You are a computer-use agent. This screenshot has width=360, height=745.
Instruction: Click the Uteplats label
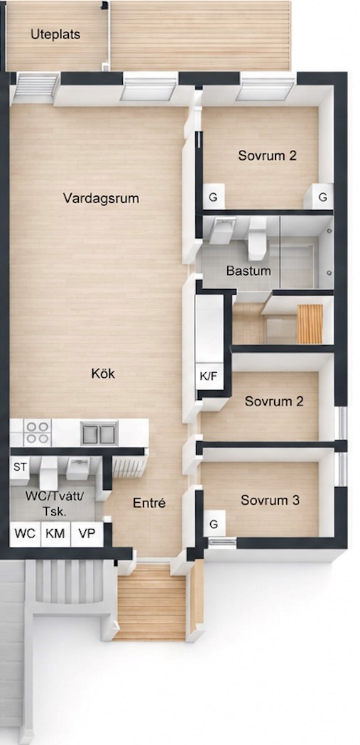pos(55,35)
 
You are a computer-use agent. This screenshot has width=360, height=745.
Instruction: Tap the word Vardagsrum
pos(101,198)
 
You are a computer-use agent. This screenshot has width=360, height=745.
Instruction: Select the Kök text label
pos(103,374)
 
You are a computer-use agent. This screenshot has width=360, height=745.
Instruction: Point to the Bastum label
pos(249,271)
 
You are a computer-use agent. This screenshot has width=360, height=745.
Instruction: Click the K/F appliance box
pos(209,377)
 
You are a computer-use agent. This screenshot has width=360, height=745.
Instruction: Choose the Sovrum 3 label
pos(270,500)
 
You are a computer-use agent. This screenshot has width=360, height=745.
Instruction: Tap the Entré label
pos(149,503)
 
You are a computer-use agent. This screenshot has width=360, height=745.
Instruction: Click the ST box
pos(20,467)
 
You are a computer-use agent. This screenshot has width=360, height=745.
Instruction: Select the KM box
pos(55,533)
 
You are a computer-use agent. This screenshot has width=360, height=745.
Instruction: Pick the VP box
pos(87,533)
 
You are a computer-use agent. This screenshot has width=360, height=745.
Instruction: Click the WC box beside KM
pos(25,533)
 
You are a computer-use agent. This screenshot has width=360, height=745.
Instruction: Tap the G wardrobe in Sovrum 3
pos(214,525)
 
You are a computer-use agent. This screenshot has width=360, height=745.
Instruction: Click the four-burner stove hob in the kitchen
pos(38,432)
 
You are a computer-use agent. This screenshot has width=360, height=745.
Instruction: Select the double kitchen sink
pos(99,433)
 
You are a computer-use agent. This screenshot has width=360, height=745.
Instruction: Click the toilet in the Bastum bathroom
pos(258,239)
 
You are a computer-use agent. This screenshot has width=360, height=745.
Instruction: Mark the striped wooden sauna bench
pos(310,324)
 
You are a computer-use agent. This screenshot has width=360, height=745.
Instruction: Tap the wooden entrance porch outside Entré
pos(151,602)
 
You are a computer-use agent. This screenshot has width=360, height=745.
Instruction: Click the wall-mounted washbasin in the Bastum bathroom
pos(222,230)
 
